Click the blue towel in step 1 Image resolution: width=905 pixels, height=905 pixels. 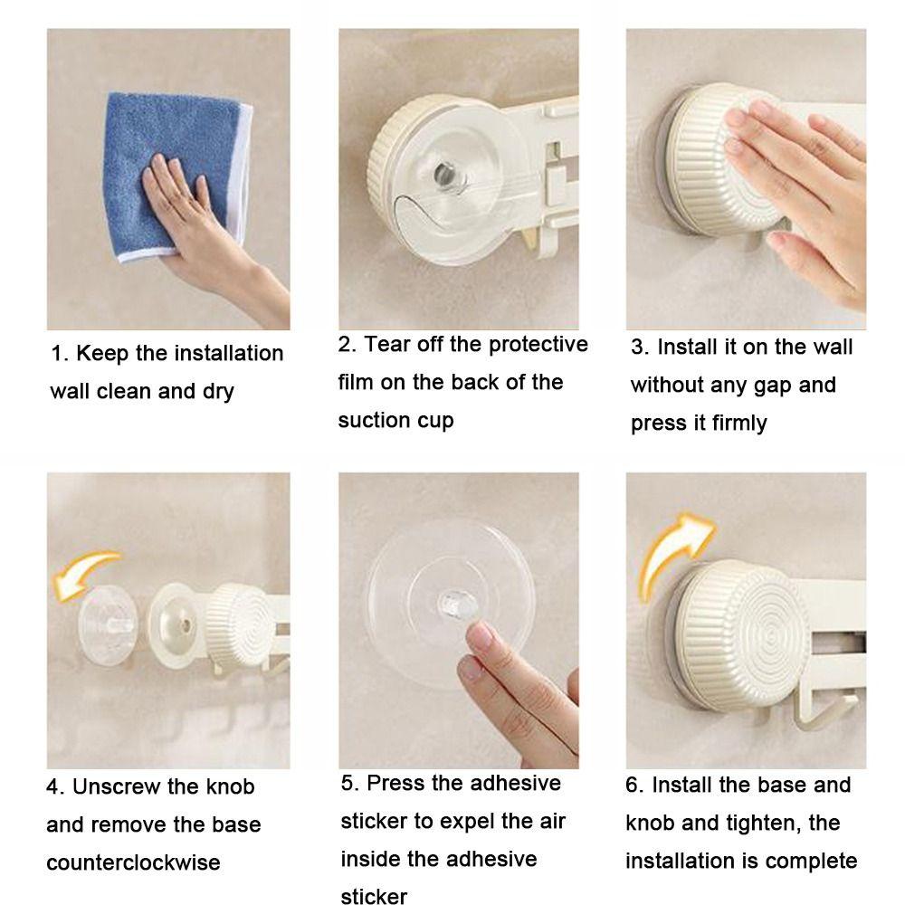[173, 173]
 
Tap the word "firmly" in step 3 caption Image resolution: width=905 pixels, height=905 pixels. [739, 423]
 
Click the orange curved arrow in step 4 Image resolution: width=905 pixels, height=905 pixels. [83, 571]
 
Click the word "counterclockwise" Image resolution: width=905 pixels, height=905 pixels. [133, 862]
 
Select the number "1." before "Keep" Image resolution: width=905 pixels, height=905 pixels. [60, 354]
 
